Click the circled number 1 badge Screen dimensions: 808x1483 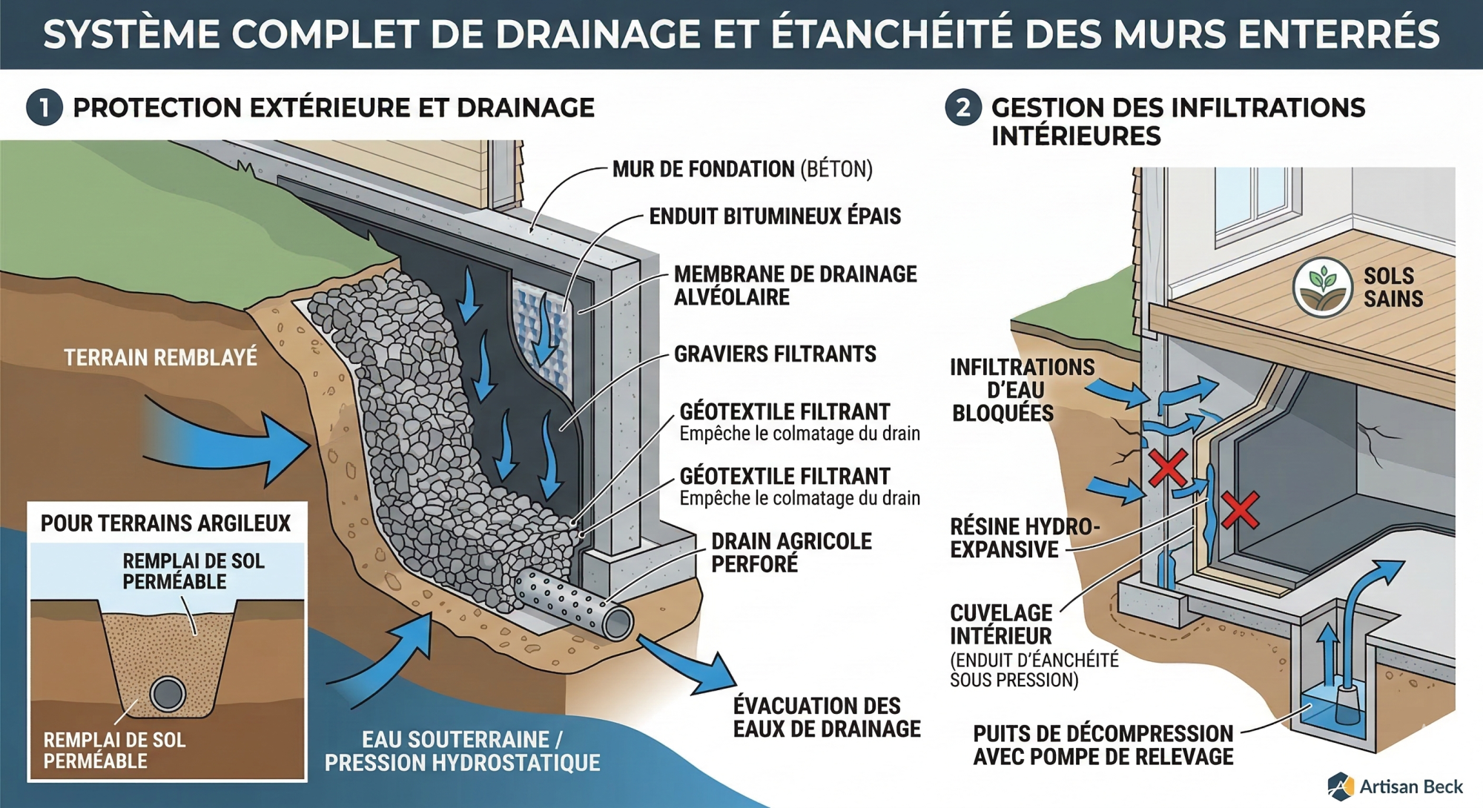[44, 107]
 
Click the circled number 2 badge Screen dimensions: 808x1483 [962, 107]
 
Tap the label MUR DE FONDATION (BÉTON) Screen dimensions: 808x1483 [741, 170]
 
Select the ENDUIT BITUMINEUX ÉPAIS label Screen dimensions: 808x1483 [775, 216]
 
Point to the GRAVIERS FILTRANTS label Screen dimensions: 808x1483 [775, 354]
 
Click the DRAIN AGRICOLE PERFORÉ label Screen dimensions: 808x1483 [790, 552]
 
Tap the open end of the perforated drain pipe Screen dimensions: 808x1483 [617, 624]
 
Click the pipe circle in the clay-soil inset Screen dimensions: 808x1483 [168, 694]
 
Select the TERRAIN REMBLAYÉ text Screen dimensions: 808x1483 [160, 358]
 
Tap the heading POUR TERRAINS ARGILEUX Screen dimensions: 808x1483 [165, 523]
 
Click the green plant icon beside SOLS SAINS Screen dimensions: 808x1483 [1323, 288]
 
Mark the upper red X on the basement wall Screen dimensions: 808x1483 [1168, 468]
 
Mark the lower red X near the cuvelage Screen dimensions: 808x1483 [1239, 510]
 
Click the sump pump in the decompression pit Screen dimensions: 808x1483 [1348, 704]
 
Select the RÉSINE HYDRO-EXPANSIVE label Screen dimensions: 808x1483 [1023, 538]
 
